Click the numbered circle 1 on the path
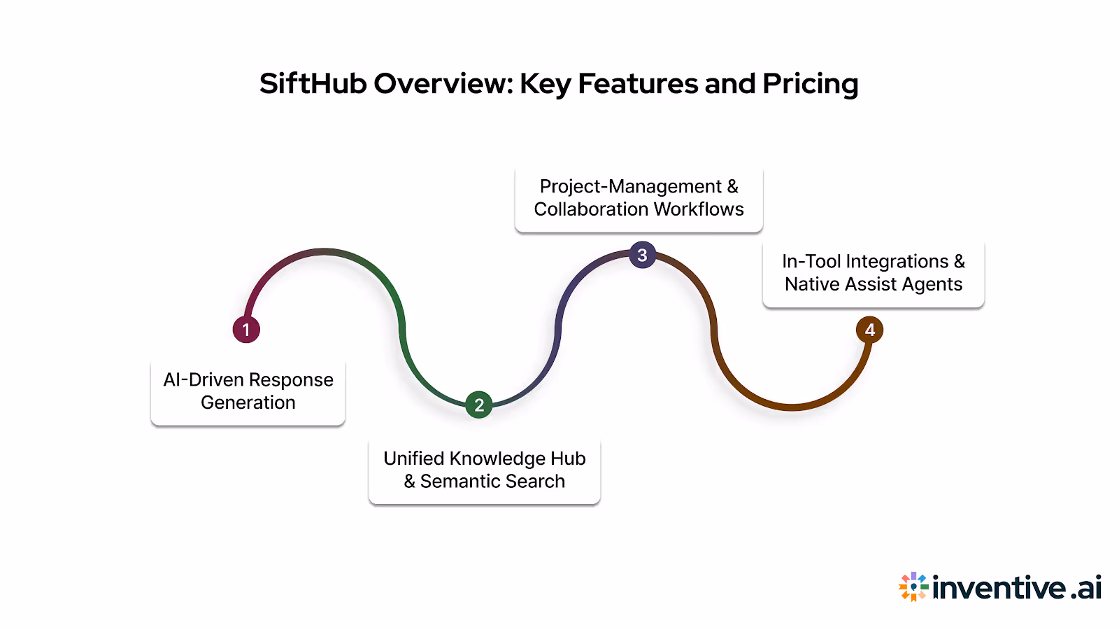246,330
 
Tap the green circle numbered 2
479,405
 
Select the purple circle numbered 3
642,255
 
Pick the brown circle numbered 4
870,330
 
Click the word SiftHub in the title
313,84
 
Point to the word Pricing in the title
810,84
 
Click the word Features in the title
636,84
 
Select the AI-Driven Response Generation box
248,392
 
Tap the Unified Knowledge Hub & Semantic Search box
484,470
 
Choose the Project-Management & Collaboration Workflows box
639,199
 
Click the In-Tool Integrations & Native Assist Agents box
873,273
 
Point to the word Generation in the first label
248,403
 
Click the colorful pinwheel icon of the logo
913,587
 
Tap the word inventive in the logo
999,587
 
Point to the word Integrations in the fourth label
897,262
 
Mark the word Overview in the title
443,84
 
